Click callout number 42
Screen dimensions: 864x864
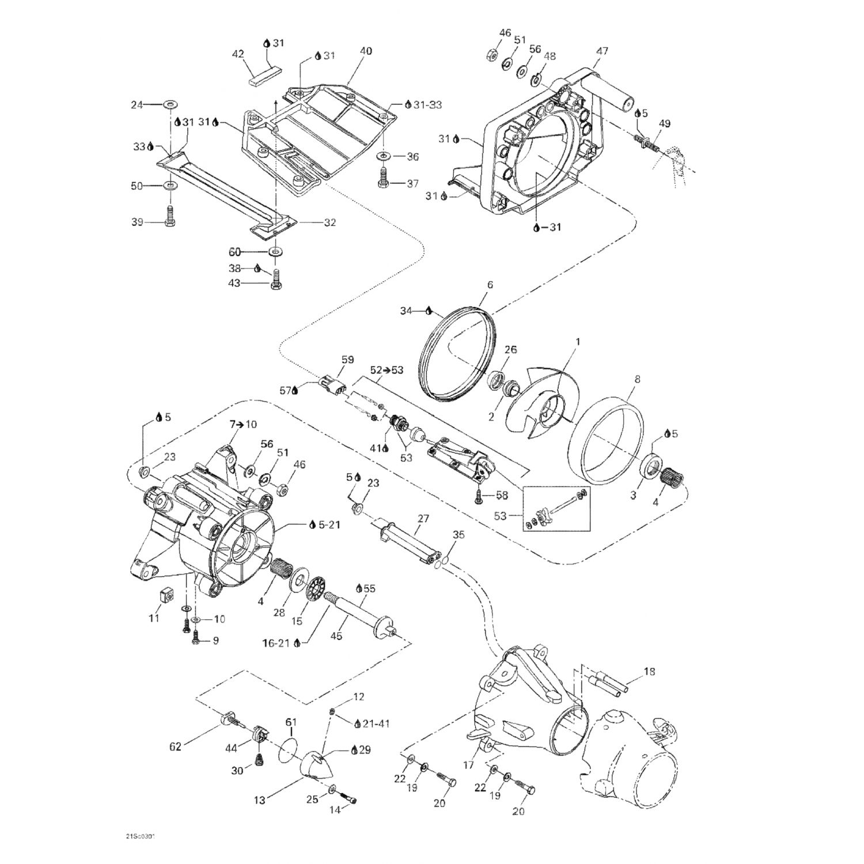tap(238, 54)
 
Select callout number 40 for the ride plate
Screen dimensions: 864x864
tap(366, 51)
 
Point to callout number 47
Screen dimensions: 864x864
tap(602, 51)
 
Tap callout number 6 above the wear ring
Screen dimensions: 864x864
tap(490, 285)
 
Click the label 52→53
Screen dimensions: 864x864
tap(387, 370)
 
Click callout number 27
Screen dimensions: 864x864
tap(423, 518)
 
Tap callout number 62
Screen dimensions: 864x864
tap(175, 746)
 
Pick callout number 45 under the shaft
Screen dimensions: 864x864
tap(336, 636)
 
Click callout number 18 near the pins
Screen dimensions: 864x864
tap(649, 672)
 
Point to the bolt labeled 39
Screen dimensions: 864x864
tap(170, 217)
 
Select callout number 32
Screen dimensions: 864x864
tap(329, 222)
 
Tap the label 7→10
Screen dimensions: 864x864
tap(243, 425)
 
